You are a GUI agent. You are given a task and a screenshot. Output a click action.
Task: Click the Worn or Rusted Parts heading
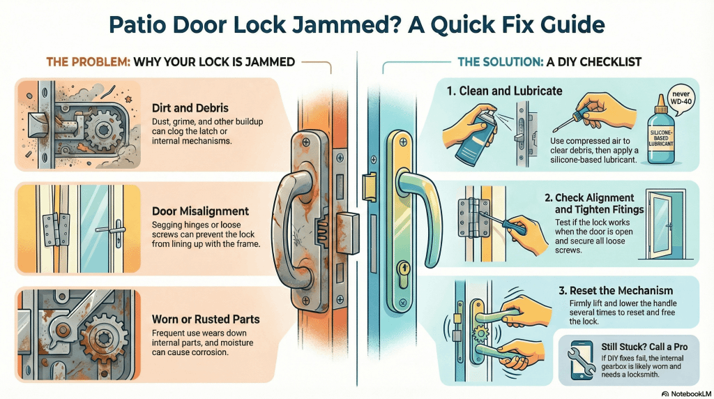206,319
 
